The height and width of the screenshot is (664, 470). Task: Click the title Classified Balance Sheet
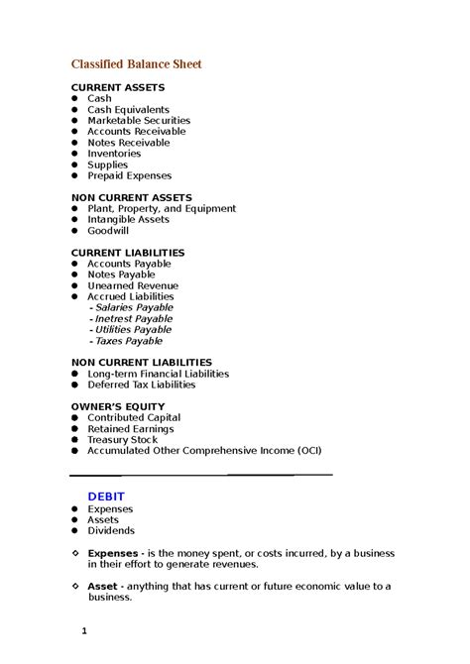tap(136, 64)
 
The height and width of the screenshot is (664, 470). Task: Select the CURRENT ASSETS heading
tap(117, 88)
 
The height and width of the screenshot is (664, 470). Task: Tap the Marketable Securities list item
tap(138, 121)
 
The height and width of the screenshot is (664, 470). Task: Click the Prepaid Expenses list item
tap(129, 175)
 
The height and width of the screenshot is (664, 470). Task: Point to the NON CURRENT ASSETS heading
tap(131, 198)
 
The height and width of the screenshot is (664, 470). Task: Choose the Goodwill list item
tap(108, 231)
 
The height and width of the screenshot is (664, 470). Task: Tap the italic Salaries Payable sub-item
tap(133, 307)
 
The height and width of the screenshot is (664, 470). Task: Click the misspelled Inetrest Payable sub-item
tap(133, 318)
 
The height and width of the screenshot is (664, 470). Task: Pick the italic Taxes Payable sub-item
tap(128, 340)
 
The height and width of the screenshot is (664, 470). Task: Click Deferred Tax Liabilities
tap(141, 385)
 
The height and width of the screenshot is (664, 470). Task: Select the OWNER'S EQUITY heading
tap(118, 406)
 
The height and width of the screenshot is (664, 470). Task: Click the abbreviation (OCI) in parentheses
tap(308, 450)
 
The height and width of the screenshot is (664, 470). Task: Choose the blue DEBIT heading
tap(106, 496)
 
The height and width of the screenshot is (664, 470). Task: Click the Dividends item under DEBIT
tap(111, 530)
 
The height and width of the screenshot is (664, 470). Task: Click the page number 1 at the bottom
tap(85, 630)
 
